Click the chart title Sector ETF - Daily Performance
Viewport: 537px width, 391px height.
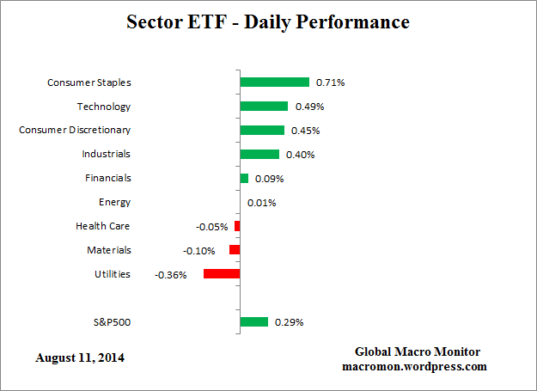[268, 21]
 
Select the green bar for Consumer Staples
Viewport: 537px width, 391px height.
[274, 82]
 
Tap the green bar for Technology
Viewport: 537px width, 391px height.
[264, 107]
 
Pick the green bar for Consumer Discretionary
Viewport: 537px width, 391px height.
[262, 131]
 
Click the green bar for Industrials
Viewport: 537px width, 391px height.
[259, 155]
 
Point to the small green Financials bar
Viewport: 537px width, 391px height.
[244, 179]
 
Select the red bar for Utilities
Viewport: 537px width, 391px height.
[222, 274]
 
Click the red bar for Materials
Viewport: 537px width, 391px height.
[235, 250]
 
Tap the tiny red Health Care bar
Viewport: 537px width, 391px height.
[237, 226]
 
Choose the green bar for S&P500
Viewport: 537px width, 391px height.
[254, 322]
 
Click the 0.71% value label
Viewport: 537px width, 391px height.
[330, 82]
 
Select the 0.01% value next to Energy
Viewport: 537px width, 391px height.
[261, 203]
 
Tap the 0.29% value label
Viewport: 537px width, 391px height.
[289, 322]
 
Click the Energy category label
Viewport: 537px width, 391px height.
[114, 203]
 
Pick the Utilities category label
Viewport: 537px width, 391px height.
[112, 274]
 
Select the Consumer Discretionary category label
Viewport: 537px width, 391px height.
[75, 131]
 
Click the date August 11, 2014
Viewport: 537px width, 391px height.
[80, 357]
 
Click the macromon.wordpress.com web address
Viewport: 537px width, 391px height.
[415, 366]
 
